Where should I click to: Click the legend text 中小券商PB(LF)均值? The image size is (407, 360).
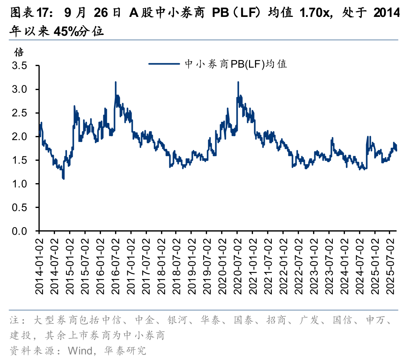pos(236,64)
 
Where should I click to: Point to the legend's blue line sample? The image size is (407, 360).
pos(165,64)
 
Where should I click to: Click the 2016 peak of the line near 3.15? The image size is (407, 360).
pos(115,82)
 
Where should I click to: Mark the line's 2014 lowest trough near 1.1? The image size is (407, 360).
pos(64,179)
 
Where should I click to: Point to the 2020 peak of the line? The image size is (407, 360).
pos(238,82)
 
